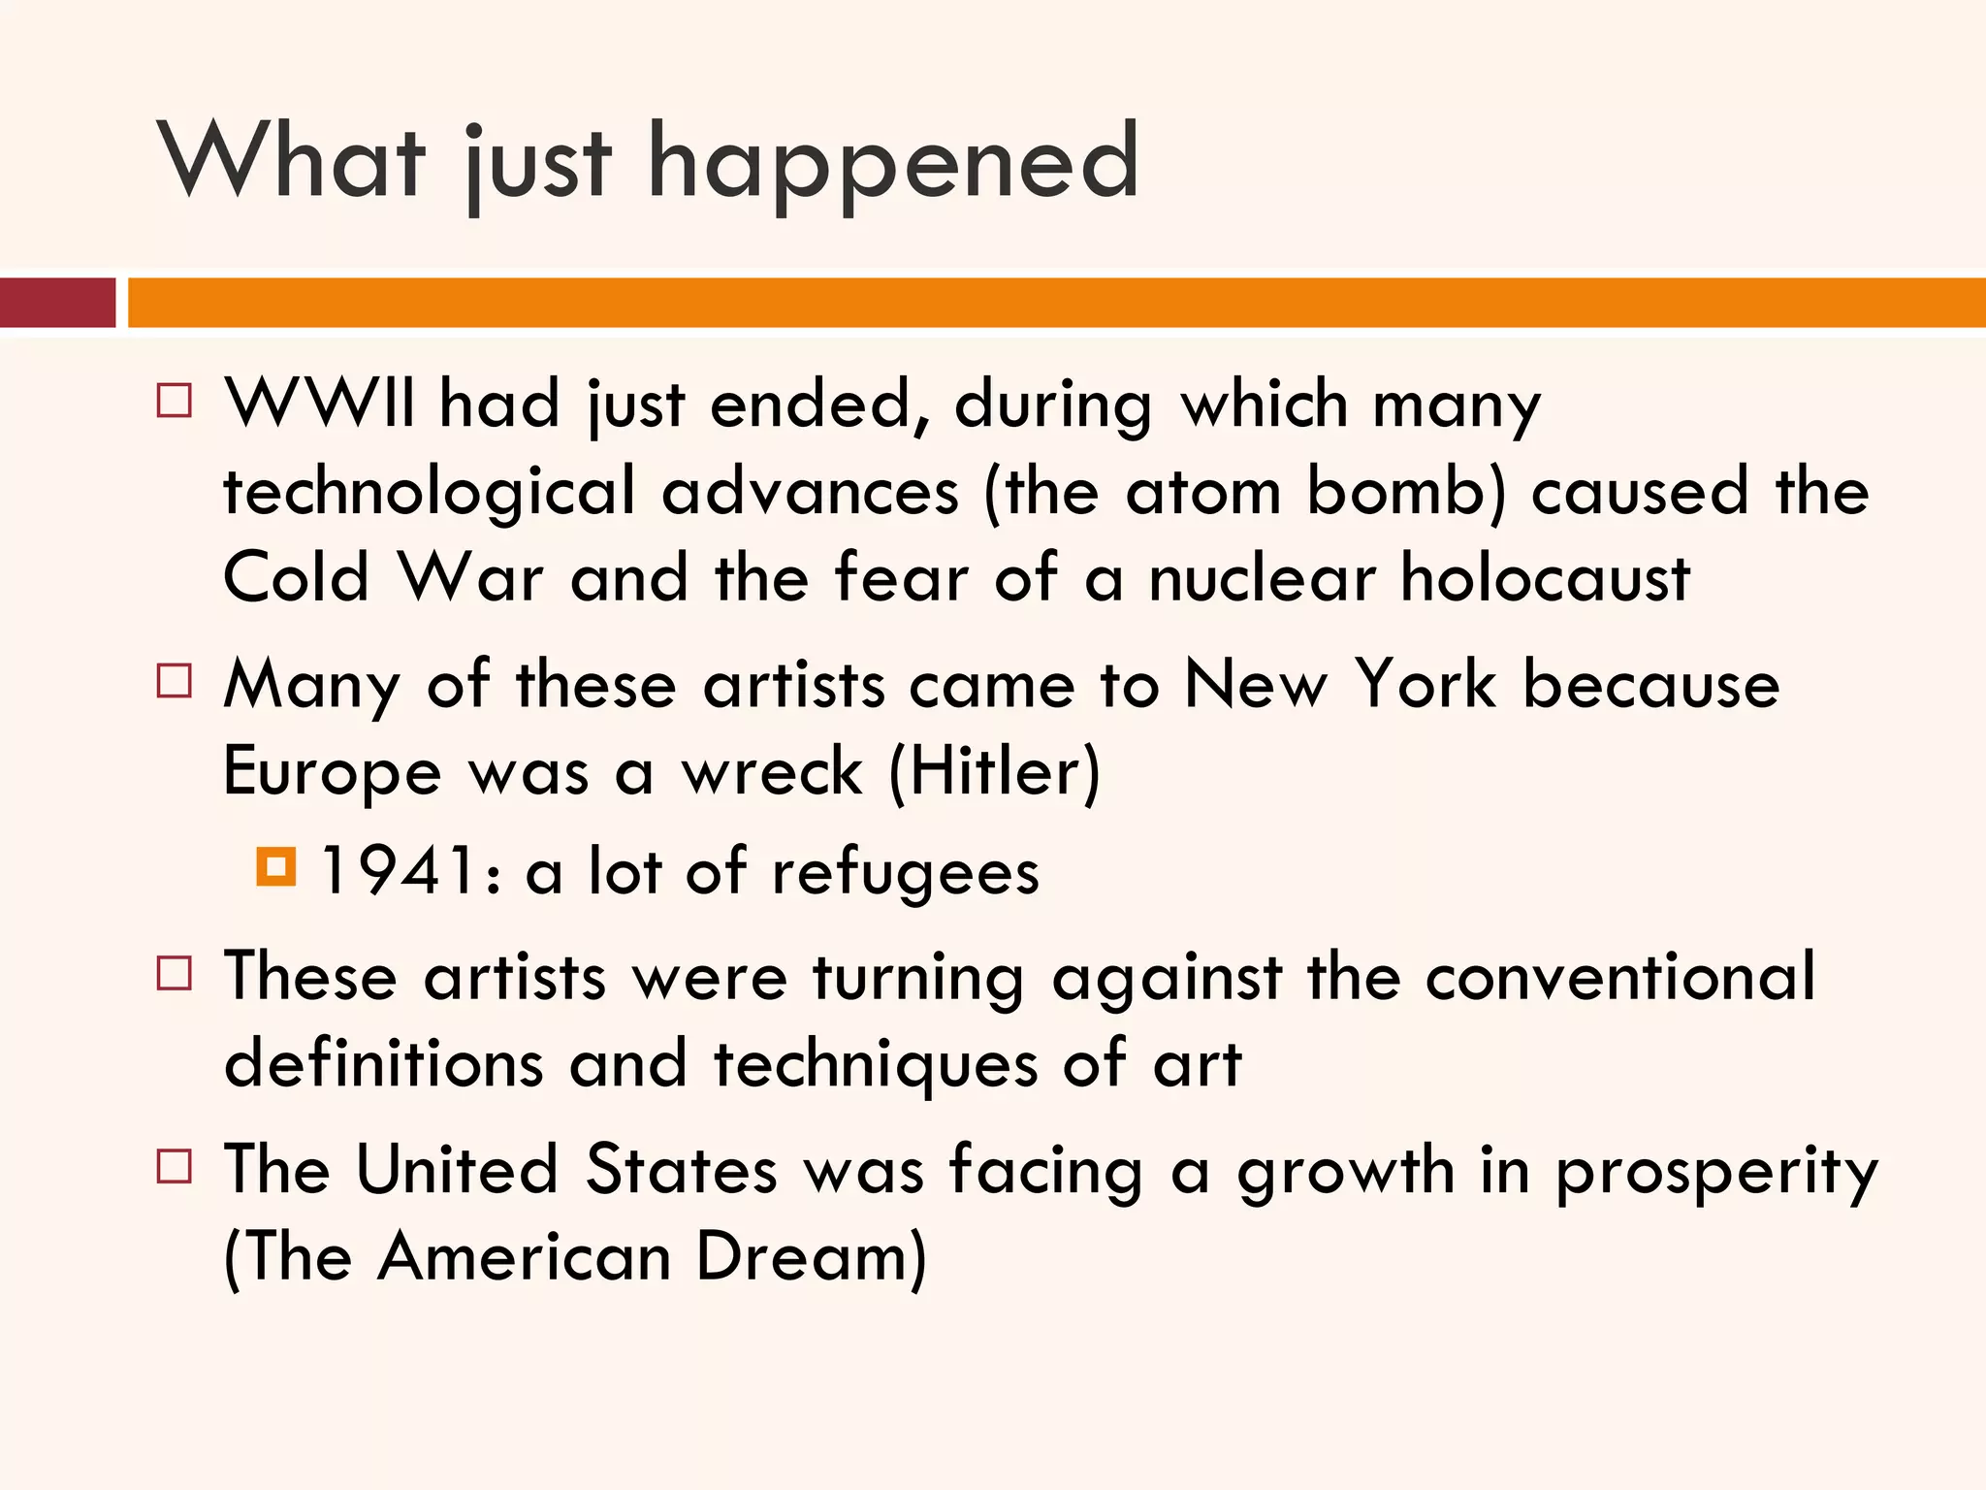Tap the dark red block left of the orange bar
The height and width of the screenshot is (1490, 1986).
click(57, 303)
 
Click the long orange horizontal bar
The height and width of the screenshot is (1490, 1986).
click(1055, 303)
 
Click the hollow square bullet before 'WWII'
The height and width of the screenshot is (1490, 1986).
click(175, 400)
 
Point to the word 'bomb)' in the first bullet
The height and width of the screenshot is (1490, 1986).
click(1406, 491)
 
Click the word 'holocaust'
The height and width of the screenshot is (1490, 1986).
click(1546, 578)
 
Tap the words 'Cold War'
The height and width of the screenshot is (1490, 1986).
click(383, 578)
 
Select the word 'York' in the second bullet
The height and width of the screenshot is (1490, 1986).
click(1425, 685)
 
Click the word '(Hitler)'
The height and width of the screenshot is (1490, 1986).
click(994, 772)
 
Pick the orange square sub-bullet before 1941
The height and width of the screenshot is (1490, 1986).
click(276, 866)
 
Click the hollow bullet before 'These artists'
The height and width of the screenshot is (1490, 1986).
click(175, 972)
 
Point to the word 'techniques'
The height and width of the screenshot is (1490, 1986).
click(876, 1065)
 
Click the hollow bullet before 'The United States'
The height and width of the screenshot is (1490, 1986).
click(175, 1166)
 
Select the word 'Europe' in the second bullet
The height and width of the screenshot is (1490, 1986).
click(333, 774)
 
